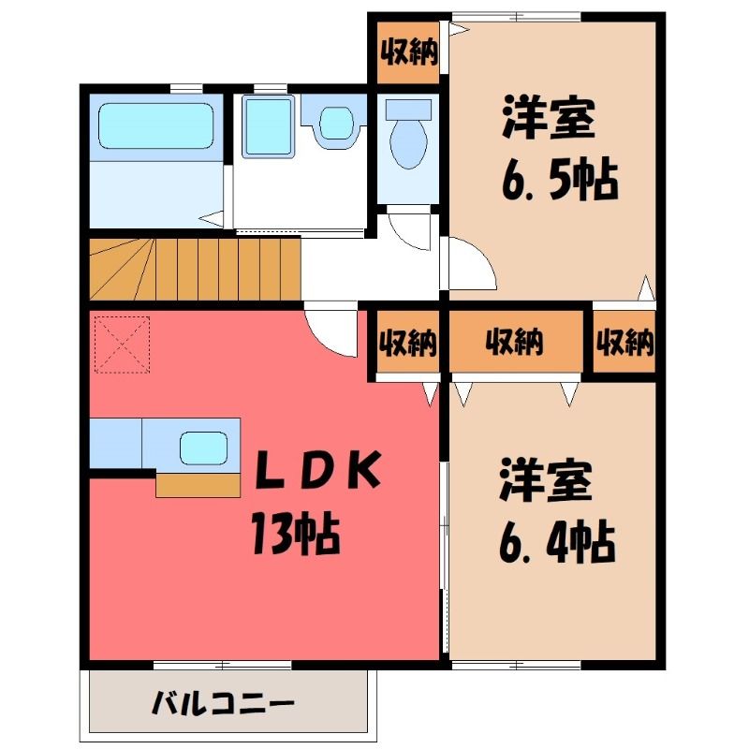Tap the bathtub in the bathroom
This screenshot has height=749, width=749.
155,125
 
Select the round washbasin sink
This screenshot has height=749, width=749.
336,123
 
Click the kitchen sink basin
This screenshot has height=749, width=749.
203,448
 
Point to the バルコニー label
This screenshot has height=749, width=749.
223,704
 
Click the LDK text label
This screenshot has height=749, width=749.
318,470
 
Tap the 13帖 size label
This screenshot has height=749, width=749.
296,533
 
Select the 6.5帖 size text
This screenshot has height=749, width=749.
560,181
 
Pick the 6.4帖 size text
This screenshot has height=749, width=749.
557,543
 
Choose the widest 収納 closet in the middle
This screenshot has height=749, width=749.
516,341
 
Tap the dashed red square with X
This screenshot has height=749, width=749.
123,345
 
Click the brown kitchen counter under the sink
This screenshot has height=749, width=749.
198,485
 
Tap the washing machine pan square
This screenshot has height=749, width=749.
268,126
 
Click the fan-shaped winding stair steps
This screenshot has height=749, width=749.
123,270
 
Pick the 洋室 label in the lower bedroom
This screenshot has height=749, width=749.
546,480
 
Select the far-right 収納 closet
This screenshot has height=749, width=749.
624,341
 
